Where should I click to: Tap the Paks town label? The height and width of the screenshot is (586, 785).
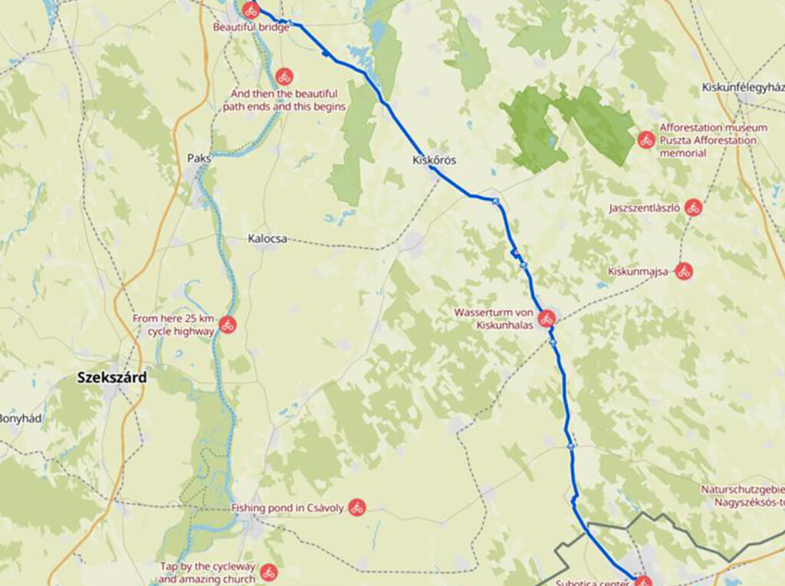199,159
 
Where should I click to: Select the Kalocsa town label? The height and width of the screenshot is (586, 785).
268,239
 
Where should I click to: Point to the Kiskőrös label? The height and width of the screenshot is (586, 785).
435,161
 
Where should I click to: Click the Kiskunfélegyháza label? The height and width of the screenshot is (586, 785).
742,87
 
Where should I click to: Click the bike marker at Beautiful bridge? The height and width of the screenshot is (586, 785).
251,11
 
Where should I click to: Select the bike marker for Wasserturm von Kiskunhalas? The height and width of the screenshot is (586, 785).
547,318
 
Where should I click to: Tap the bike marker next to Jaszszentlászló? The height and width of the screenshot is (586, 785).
694,208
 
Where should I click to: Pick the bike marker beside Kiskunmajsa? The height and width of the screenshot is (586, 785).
684,270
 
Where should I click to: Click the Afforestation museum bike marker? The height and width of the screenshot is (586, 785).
646,140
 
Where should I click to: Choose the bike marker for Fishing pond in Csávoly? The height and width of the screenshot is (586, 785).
356,507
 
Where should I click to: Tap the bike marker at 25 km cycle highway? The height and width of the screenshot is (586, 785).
227,325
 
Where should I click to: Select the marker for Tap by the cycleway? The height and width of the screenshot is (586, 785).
268,571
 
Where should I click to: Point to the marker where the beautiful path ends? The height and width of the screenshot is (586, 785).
284,76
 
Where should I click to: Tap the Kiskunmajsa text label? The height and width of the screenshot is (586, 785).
639,271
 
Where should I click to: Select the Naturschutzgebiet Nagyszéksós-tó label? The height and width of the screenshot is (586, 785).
743,496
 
